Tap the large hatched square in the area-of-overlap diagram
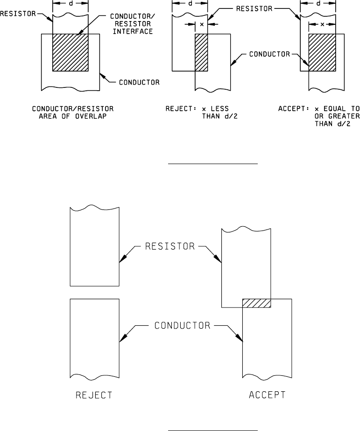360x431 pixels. [70, 52]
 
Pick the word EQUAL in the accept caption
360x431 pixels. [332, 108]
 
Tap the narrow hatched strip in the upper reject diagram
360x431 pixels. [201, 52]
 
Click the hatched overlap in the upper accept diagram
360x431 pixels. [322, 52]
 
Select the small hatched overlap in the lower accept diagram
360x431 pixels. [256, 303]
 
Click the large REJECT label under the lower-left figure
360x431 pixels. [94, 395]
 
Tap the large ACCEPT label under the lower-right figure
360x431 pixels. [267, 395]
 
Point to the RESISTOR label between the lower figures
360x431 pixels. [170, 246]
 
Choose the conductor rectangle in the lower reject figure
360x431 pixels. [94, 338]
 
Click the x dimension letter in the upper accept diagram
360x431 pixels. [322, 23]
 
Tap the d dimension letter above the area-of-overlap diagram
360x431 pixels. [70, 3]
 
